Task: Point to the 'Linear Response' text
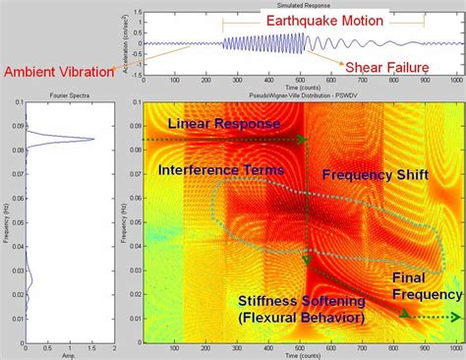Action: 224,123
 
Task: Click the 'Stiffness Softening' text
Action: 302,301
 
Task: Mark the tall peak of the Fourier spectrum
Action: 91,139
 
